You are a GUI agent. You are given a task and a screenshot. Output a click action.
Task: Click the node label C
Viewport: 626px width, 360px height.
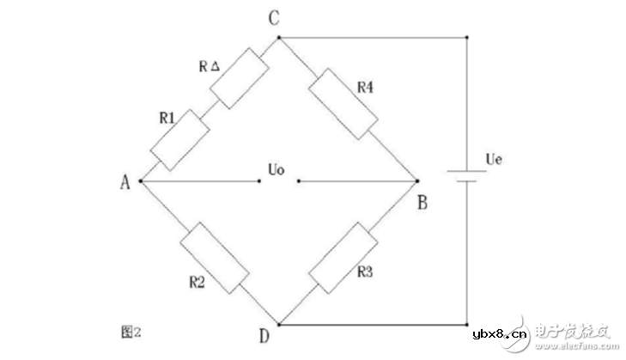coord(274,18)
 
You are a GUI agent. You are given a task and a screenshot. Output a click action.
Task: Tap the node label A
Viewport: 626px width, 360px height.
coord(125,182)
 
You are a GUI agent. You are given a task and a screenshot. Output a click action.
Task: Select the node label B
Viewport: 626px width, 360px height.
coord(422,203)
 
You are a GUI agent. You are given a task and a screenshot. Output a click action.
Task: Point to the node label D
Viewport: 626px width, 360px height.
coord(264,336)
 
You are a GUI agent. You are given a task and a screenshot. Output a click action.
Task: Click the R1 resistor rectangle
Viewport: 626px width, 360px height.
coord(180,140)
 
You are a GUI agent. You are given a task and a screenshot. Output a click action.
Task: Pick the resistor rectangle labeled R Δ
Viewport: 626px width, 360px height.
coord(239,78)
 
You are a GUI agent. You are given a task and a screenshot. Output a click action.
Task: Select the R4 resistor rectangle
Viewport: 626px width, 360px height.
coord(343,104)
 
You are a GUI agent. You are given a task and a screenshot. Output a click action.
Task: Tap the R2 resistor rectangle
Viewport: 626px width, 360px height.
coord(215,258)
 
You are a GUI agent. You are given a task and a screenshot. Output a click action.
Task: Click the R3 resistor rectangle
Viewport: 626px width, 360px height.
coord(343,258)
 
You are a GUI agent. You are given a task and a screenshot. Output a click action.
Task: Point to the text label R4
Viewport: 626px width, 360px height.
coord(365,87)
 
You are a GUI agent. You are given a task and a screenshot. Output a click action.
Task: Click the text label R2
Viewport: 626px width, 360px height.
coord(197,283)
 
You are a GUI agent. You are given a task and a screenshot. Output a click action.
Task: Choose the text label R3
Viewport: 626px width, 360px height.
coord(365,272)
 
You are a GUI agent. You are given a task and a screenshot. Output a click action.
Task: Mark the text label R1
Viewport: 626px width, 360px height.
coord(167,118)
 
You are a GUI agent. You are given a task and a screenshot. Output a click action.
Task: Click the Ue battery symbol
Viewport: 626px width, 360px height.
coord(466,176)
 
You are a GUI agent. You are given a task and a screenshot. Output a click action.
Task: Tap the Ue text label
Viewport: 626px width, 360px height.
coord(494,160)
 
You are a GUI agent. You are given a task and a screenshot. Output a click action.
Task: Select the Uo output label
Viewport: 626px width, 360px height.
coord(277,170)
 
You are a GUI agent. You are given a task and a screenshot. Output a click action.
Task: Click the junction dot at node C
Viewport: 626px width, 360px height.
coord(279,38)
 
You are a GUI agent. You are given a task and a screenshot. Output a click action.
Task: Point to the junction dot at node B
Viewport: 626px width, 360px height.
coord(417,181)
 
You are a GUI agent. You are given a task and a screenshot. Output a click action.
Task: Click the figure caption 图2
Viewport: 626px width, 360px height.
coord(131,332)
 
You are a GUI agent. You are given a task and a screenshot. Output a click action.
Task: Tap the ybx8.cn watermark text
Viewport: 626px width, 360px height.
coord(500,333)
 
